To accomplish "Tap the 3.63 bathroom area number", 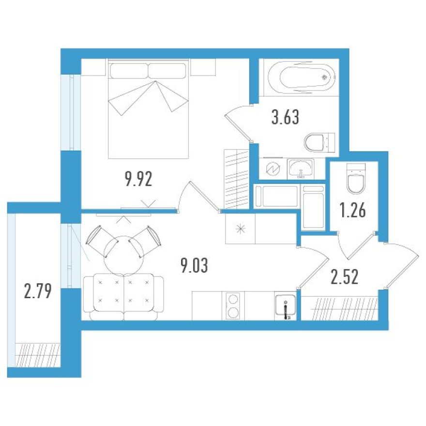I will click(285, 118).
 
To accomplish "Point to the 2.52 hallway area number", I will click(344, 278).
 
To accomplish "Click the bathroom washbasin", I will click(302, 168).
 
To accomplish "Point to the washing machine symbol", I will click(273, 169).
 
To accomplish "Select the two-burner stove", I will click(233, 305).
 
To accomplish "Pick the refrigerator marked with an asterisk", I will click(240, 228).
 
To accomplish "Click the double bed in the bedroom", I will click(148, 109).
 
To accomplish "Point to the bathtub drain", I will click(324, 76).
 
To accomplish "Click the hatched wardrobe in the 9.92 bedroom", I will click(236, 179).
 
